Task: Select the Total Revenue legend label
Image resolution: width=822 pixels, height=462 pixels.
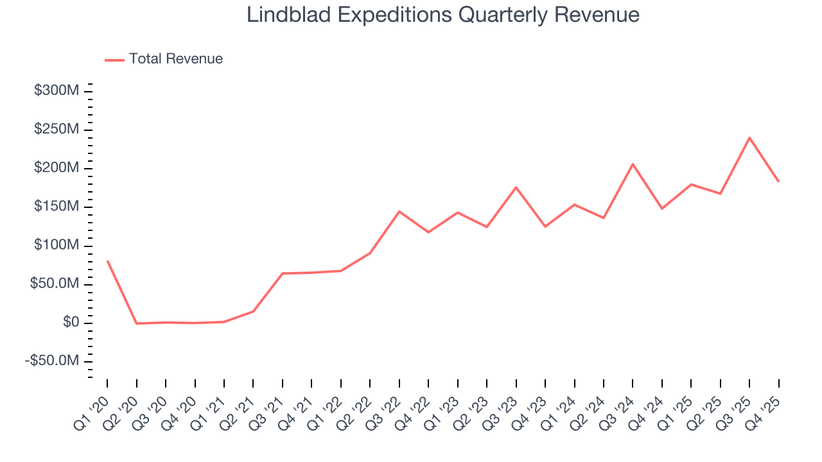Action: tap(175, 59)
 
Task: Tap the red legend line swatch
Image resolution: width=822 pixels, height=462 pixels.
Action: tap(114, 60)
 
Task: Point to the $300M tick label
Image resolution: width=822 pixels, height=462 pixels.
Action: tap(57, 91)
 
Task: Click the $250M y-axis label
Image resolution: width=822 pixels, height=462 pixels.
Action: tap(57, 130)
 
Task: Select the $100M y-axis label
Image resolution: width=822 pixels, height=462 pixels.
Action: tap(57, 246)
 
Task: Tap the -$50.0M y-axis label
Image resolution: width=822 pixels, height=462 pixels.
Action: tap(53, 361)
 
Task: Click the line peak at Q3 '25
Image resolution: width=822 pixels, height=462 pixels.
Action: tap(749, 137)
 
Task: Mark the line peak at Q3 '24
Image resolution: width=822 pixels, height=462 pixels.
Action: tap(633, 164)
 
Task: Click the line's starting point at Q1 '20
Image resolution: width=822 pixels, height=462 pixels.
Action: tap(107, 261)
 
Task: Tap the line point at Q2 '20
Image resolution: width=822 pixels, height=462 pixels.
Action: tap(136, 323)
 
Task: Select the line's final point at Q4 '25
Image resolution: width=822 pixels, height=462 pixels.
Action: tap(778, 181)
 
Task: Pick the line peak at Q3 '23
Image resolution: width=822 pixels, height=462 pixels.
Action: tap(516, 187)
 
